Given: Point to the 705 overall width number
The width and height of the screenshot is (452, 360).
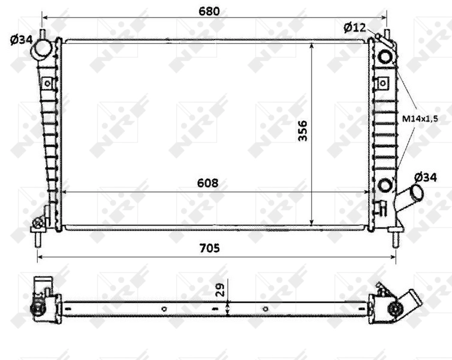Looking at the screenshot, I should (x=214, y=248).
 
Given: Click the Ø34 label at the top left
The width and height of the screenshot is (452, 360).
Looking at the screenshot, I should (x=21, y=40).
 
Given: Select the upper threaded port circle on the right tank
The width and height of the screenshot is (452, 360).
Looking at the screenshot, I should (x=385, y=57).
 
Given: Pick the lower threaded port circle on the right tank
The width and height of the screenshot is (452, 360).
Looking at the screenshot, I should (x=385, y=184).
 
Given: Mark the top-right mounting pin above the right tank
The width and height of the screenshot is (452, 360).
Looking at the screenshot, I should (x=387, y=34).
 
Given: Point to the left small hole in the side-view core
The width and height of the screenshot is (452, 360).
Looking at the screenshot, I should (x=164, y=309).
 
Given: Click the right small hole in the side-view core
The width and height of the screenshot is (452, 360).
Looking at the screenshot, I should (x=266, y=309).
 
